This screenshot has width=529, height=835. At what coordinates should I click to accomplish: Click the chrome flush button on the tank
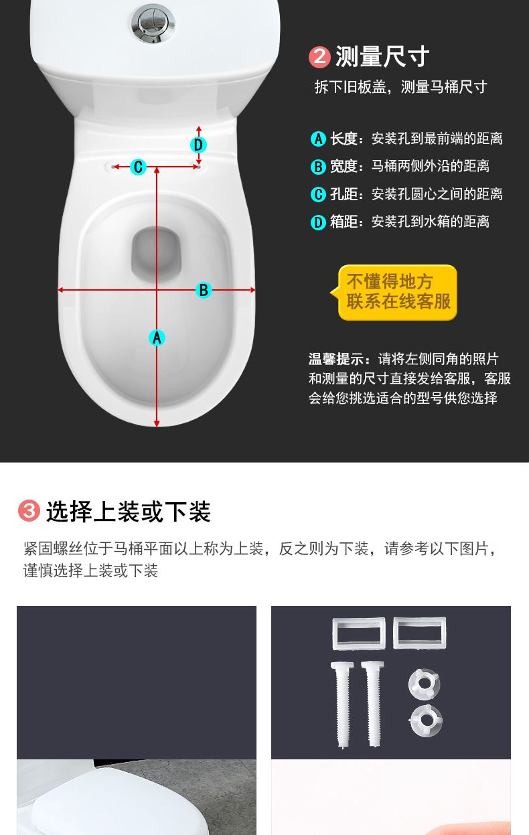(x=153, y=23)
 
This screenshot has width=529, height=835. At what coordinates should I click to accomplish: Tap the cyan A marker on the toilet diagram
(x=157, y=338)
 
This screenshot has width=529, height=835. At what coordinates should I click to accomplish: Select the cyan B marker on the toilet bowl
(x=204, y=290)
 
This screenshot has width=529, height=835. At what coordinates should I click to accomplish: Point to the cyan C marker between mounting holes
(x=138, y=167)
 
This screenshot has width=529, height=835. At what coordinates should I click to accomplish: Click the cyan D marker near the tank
(x=198, y=145)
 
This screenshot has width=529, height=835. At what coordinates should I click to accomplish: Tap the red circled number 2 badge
(x=319, y=57)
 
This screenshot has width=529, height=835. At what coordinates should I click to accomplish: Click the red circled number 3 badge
(x=29, y=510)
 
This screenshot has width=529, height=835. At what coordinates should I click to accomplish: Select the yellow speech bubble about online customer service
(x=396, y=292)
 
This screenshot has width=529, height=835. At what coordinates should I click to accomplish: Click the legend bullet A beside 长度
(x=318, y=139)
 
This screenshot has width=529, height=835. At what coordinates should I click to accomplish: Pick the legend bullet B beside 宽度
(x=318, y=167)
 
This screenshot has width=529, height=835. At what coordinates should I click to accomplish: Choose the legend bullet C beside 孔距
(x=318, y=194)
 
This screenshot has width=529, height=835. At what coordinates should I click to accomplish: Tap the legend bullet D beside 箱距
(x=318, y=222)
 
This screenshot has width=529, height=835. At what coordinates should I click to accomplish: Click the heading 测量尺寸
(x=382, y=57)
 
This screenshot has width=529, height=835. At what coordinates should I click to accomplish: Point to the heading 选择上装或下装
(x=129, y=511)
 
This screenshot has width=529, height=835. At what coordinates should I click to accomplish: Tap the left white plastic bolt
(x=342, y=705)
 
